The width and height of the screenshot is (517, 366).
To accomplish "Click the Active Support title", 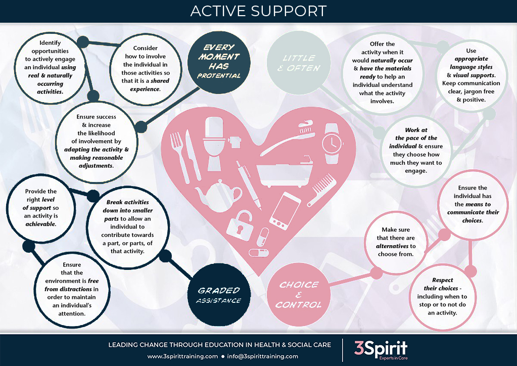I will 258,11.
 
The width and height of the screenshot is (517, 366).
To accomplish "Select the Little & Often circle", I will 298,63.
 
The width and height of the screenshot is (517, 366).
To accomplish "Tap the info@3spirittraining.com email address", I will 263,356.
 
